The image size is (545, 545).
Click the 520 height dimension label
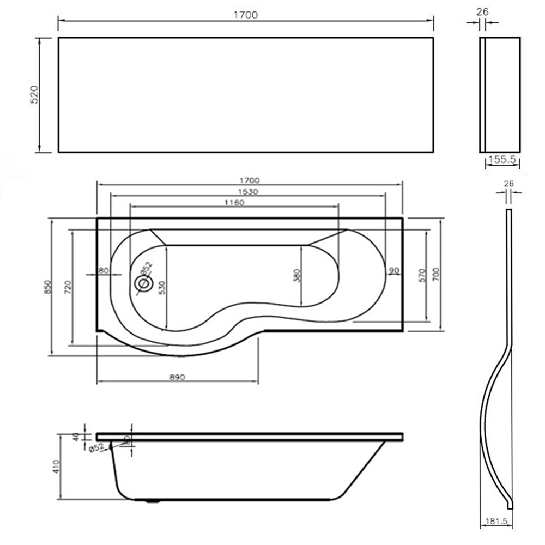[x=33, y=95]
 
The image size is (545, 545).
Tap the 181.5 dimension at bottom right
[x=494, y=521]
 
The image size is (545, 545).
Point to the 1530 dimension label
[x=247, y=191]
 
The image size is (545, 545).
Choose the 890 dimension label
[x=177, y=377]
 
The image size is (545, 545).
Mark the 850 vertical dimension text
[x=47, y=288]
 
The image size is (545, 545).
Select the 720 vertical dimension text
[x=68, y=288]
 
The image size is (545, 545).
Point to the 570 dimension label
[x=421, y=275]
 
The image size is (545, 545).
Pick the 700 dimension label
[x=435, y=275]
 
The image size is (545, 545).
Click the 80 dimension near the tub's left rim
[x=103, y=270]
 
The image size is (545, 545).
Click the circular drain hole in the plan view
[x=144, y=283]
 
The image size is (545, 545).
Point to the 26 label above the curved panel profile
[x=508, y=184]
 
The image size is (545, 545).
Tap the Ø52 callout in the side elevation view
[x=96, y=448]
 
